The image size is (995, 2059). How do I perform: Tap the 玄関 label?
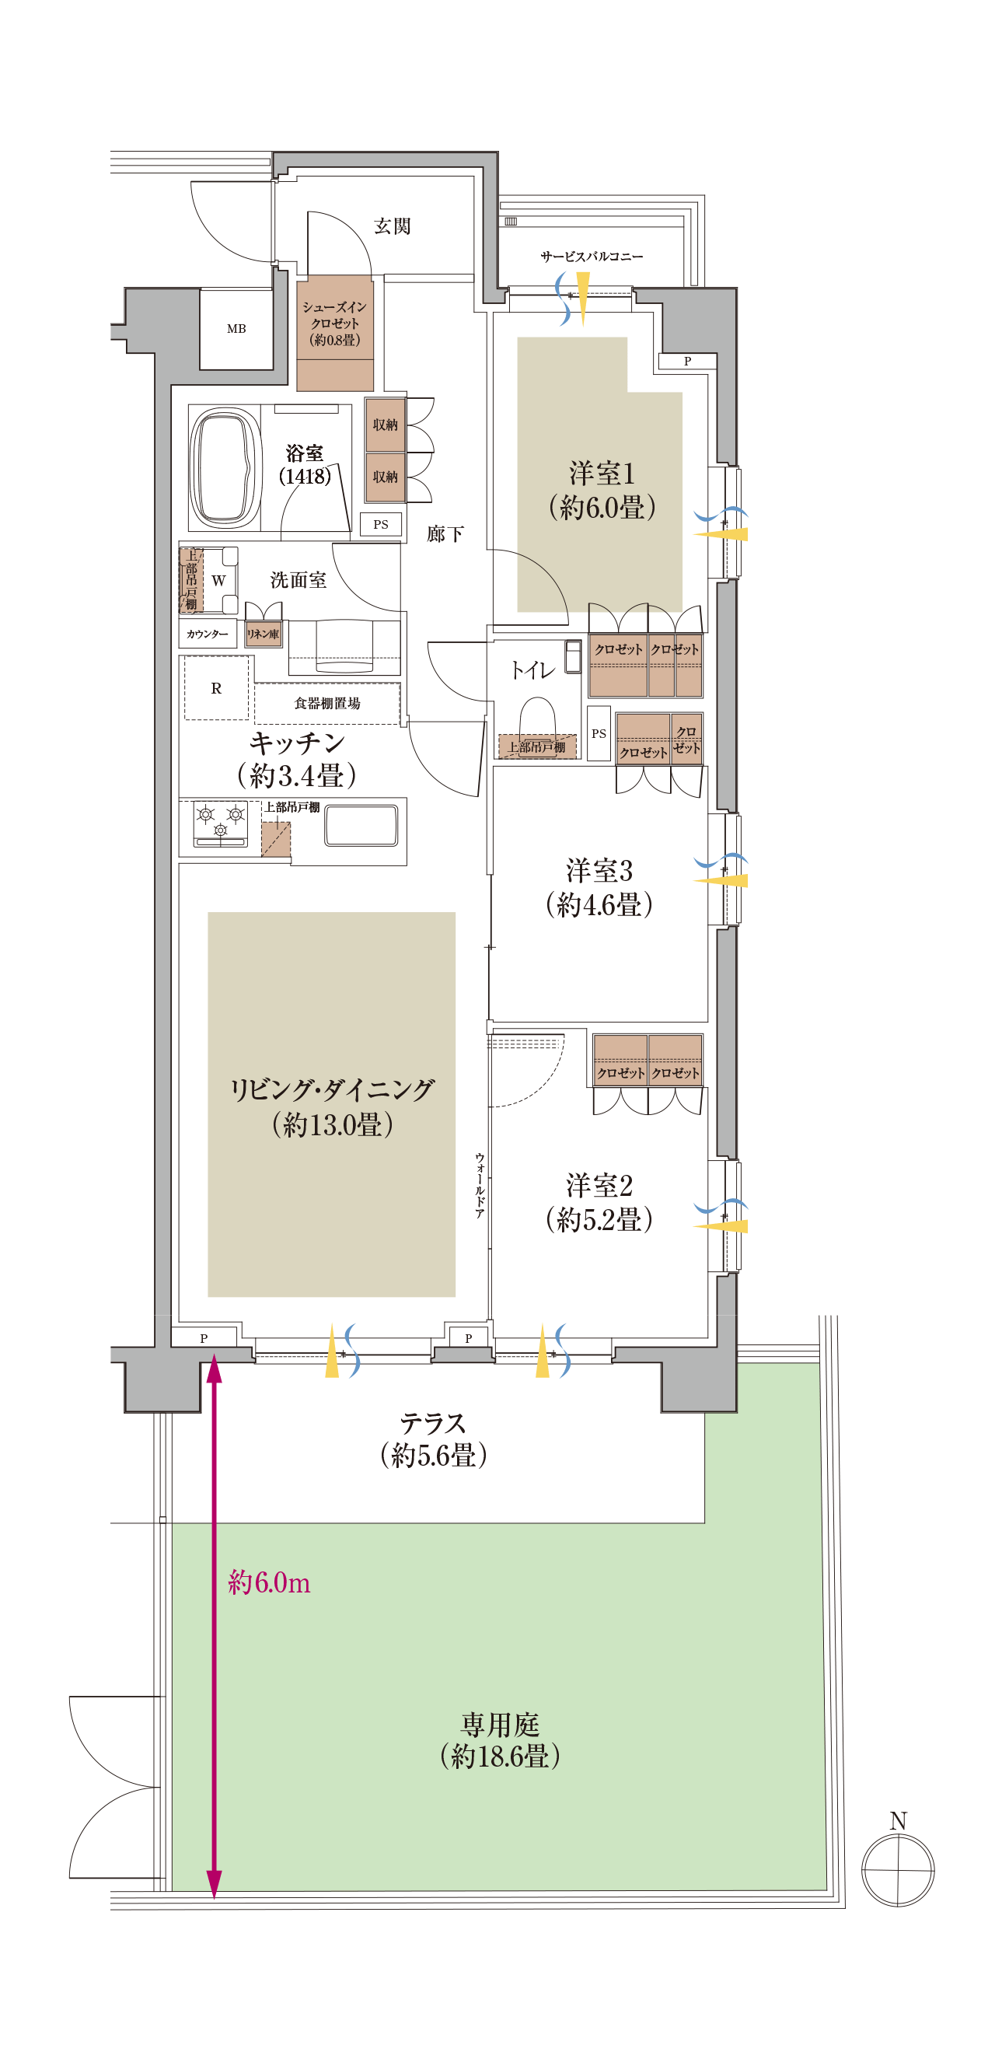393,226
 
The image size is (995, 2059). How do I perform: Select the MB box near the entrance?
236,328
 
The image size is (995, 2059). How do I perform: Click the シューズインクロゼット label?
335,323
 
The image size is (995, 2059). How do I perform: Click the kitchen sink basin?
361,826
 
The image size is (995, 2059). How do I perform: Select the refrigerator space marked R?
217,688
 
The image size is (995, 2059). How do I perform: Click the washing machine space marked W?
218,581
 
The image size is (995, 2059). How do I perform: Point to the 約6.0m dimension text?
269,1582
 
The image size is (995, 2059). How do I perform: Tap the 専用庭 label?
501,1724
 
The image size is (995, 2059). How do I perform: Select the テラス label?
433,1423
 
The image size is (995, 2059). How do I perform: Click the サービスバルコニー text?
592,257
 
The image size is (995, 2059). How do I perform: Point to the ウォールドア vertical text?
480,1184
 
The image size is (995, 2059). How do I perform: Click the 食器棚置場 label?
328,704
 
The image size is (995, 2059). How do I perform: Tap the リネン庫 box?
263,634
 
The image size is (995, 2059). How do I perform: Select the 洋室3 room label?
599,870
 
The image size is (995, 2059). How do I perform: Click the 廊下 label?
445,534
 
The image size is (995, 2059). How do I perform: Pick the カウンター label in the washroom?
208,634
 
